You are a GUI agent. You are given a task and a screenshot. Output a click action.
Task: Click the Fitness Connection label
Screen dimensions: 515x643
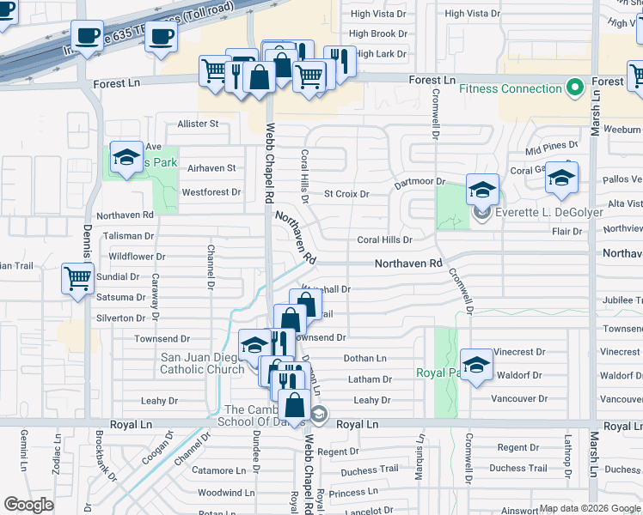click(510, 88)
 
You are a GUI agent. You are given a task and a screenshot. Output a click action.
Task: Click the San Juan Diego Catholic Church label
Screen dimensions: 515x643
click(202, 364)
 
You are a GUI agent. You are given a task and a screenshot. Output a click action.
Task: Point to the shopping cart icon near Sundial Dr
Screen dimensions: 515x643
click(78, 278)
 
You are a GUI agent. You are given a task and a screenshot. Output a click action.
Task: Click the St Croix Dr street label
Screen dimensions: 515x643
click(346, 194)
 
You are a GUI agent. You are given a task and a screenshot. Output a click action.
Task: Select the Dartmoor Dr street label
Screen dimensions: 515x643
click(419, 182)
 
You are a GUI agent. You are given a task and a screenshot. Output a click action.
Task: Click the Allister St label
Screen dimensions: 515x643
click(199, 124)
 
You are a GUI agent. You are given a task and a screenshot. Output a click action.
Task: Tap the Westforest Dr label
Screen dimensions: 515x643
click(211, 192)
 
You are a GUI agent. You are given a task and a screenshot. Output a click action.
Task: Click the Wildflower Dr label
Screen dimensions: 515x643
click(137, 257)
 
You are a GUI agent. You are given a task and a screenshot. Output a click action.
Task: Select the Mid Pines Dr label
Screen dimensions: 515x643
click(552, 148)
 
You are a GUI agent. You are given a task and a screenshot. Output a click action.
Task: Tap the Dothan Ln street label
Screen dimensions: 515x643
click(364, 359)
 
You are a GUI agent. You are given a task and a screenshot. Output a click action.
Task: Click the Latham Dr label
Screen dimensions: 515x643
click(370, 379)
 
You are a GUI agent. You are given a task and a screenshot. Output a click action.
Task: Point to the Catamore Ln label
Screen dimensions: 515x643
click(217, 470)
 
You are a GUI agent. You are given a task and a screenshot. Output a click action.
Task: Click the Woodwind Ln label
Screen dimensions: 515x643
click(226, 493)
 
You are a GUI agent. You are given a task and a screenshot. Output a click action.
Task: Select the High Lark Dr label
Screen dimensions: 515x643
click(380, 54)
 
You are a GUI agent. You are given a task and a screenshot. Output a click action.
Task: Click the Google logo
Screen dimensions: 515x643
click(29, 505)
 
